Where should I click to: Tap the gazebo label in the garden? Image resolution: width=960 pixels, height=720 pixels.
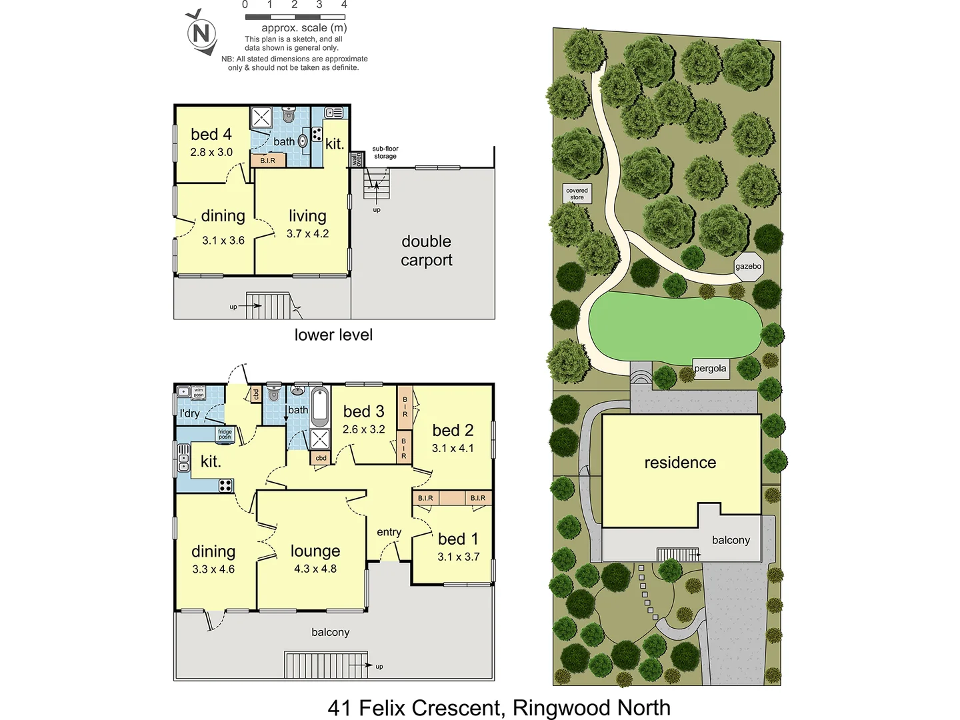(x=748, y=266)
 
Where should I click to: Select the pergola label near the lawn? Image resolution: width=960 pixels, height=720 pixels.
(x=710, y=369)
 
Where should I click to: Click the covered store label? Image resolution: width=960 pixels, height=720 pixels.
(x=577, y=194)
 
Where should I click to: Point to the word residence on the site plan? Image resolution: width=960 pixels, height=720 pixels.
(x=680, y=463)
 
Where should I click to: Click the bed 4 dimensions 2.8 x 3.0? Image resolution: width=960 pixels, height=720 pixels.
(x=211, y=152)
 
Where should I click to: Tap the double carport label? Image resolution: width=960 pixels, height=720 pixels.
(x=426, y=251)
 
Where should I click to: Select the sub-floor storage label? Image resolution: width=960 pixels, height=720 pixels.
(x=385, y=153)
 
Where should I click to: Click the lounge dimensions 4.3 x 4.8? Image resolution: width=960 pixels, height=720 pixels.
(x=315, y=569)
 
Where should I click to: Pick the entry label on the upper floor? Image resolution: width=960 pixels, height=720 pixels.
(x=389, y=532)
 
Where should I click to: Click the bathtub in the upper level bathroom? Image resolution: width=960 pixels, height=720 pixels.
(x=320, y=407)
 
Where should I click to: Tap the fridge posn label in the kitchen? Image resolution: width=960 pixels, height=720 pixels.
(x=225, y=435)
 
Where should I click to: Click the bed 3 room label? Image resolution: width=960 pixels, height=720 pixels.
(x=363, y=412)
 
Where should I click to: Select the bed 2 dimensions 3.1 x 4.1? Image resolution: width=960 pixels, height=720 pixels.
(x=453, y=448)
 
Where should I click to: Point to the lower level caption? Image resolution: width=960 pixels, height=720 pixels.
(x=333, y=335)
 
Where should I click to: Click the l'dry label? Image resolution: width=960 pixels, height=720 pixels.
(x=189, y=413)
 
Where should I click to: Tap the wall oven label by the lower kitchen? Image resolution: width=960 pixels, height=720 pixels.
(x=357, y=160)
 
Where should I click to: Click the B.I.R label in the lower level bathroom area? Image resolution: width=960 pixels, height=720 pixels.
(x=268, y=161)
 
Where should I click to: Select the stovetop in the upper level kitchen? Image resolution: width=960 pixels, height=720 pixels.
(x=225, y=485)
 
